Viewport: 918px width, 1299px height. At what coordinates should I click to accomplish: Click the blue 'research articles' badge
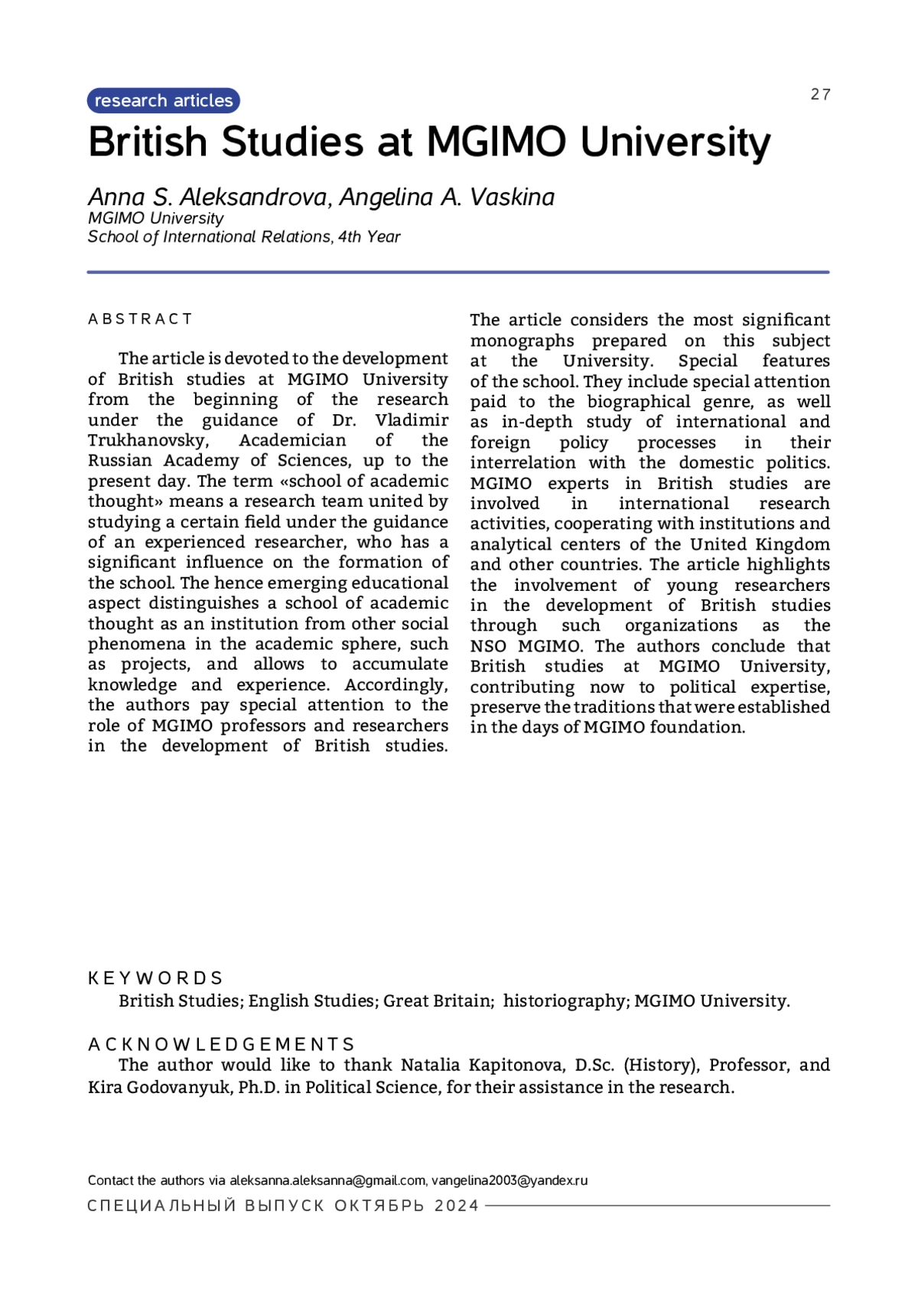[164, 101]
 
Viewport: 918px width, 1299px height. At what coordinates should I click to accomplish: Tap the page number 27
[820, 94]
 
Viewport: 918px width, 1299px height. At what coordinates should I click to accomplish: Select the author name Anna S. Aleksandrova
[207, 197]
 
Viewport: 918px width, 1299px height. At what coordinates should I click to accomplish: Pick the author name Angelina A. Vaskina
[447, 197]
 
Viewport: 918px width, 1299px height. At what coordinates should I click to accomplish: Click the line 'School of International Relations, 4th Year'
[244, 237]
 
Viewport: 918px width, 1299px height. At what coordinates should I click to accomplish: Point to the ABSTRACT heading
[141, 319]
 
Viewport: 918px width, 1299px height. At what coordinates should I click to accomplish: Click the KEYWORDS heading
[155, 978]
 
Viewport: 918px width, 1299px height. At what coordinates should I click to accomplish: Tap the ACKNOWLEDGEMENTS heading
[221, 1045]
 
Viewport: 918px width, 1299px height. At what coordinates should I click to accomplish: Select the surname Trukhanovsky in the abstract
[148, 441]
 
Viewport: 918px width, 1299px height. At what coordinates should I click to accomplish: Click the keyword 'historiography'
[565, 1001]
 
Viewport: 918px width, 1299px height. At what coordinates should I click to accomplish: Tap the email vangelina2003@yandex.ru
[509, 1180]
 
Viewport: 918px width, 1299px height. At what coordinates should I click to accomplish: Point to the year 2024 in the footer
[456, 1206]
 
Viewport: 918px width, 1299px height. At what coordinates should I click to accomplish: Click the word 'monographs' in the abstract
[522, 341]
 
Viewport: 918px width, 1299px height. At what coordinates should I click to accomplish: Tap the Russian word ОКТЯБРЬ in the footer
[379, 1206]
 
